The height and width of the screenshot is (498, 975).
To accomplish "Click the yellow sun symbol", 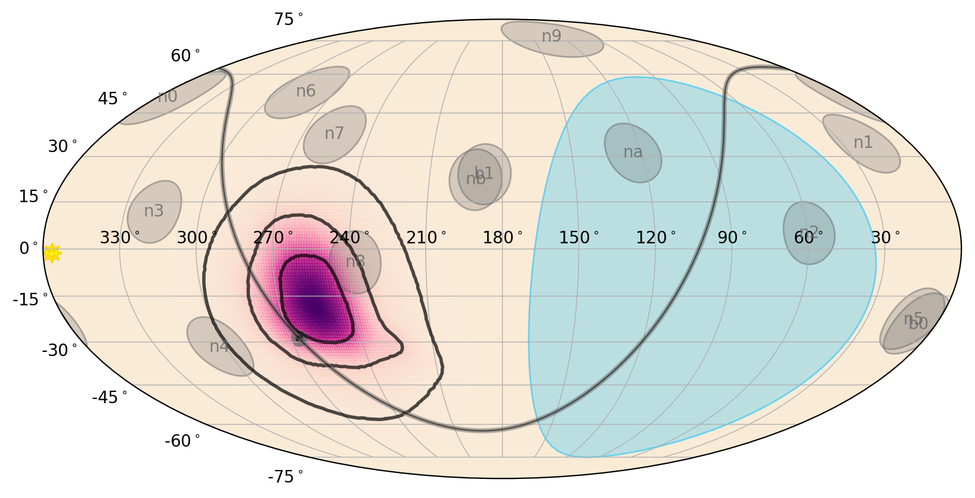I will pos(52,253).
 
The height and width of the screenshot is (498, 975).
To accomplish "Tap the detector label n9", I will pos(552,36).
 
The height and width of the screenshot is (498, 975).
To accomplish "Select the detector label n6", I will pos(306,91).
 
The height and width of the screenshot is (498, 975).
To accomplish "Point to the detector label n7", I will pos(334,134).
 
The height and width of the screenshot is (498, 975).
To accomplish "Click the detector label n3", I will pos(154,211).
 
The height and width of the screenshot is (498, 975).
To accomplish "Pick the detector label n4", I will pos(219,346).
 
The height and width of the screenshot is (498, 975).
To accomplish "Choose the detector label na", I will pos(633,152).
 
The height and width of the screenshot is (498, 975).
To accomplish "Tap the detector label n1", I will pos(863,143).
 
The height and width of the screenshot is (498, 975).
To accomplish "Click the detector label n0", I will pos(168,97).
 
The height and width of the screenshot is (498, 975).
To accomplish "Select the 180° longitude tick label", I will pos(502,238).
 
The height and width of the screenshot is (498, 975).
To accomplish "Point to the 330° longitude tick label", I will pos(119,238).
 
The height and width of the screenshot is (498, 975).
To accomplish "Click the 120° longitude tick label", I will pos(655,238).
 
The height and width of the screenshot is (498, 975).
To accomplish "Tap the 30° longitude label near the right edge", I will pos(885,238).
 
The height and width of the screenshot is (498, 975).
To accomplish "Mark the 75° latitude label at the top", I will pos(288,20).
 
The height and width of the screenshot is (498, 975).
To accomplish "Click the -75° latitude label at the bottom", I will pos(285,477).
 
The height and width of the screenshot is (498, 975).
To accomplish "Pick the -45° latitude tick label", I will pos(109,397).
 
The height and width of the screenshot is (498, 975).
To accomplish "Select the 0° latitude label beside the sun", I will pos(28,248).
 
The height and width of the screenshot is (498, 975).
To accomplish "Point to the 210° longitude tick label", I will pos(426,238).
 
